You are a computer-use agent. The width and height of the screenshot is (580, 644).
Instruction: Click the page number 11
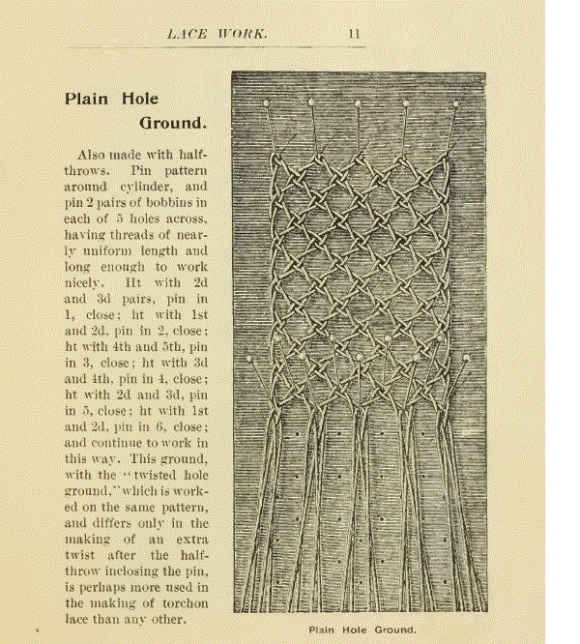click(x=355, y=34)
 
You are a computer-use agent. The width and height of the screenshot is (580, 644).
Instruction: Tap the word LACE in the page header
click(x=187, y=34)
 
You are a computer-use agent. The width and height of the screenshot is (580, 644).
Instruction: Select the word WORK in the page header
click(x=244, y=34)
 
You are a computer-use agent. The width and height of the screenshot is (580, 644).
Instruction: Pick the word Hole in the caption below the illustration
click(x=357, y=630)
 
